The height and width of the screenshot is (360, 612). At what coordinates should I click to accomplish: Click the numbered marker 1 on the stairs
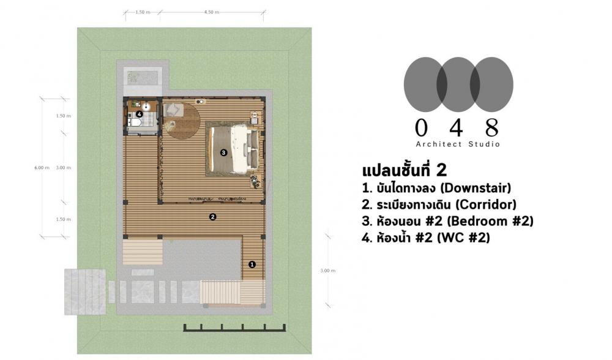[252, 264]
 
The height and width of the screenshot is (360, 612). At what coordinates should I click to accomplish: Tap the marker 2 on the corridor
[212, 216]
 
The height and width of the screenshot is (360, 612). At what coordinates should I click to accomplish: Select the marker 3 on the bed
[223, 152]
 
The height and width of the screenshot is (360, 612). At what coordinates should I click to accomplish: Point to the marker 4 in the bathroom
[140, 114]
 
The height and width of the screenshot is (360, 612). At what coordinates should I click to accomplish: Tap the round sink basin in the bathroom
[146, 106]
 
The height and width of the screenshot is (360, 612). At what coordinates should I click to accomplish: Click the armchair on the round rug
[172, 110]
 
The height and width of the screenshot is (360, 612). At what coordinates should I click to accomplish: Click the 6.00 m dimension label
[42, 168]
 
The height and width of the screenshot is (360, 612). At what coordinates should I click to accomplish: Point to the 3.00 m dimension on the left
[64, 168]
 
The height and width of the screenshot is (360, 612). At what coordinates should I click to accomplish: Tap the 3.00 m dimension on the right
[328, 270]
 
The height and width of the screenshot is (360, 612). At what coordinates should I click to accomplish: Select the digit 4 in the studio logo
[457, 127]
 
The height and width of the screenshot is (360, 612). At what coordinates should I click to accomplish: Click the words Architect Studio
[458, 144]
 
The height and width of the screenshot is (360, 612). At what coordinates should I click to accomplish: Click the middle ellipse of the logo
[458, 84]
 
